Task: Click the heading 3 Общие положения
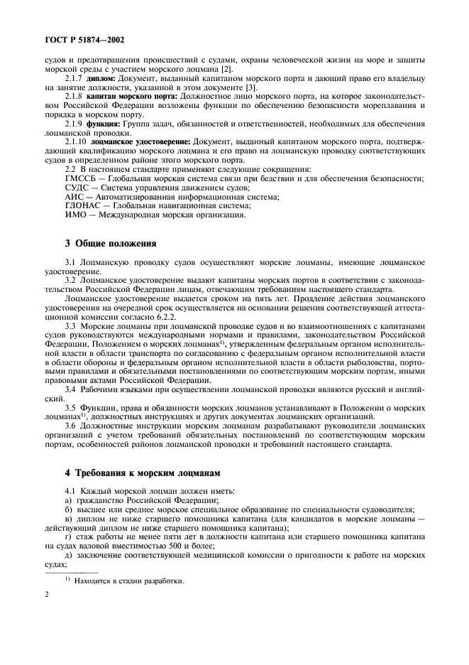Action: (x=111, y=244)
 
